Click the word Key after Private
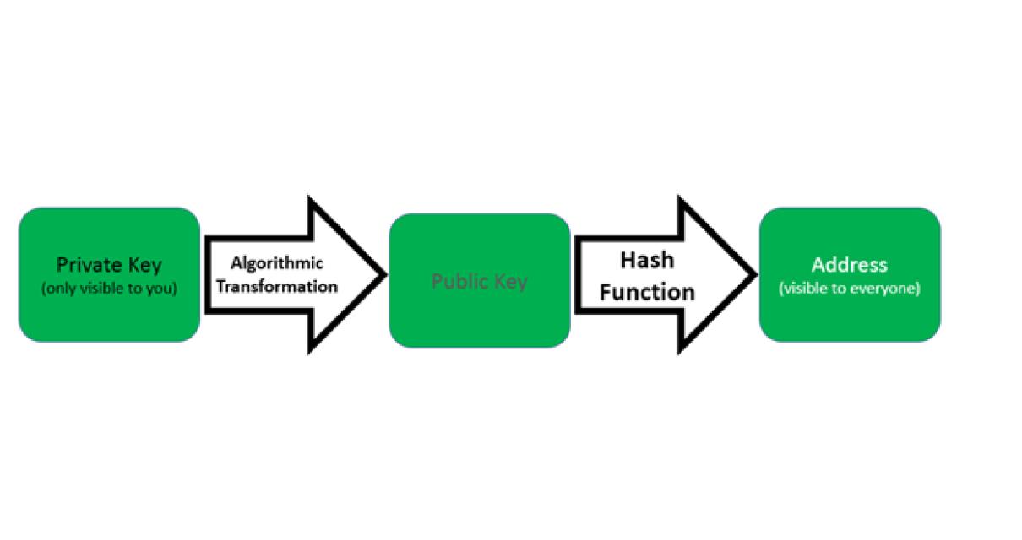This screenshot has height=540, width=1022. [144, 264]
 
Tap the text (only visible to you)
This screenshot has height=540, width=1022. [109, 289]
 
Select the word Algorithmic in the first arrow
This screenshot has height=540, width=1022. [277, 264]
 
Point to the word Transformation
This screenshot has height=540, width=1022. [277, 286]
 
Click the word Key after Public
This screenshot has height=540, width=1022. [511, 281]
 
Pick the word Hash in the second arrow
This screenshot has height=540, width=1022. [647, 260]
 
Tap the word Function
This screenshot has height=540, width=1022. [647, 292]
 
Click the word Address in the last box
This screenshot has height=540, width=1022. [849, 265]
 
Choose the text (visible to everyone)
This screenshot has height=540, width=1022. [849, 289]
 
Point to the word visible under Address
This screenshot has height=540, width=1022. [806, 289]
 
